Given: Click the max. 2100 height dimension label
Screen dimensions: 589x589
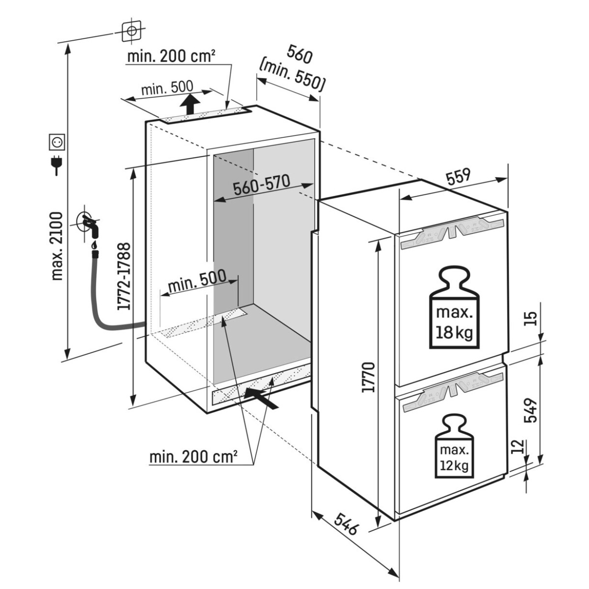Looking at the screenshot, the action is pyautogui.click(x=57, y=246).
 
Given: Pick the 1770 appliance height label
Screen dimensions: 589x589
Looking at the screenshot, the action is pyautogui.click(x=368, y=377).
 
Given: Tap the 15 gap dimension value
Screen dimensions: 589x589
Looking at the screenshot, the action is pyautogui.click(x=531, y=319).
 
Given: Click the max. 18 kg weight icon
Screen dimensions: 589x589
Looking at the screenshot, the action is pyautogui.click(x=455, y=308).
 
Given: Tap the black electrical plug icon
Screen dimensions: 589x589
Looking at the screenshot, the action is pyautogui.click(x=56, y=163).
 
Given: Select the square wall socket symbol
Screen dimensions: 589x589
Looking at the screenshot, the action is pyautogui.click(x=57, y=142).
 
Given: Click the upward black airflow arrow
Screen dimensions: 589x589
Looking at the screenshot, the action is pyautogui.click(x=190, y=105).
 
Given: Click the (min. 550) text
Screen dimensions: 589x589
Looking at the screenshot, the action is pyautogui.click(x=291, y=79).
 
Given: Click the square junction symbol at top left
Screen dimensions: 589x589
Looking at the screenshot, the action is pyautogui.click(x=132, y=31).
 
